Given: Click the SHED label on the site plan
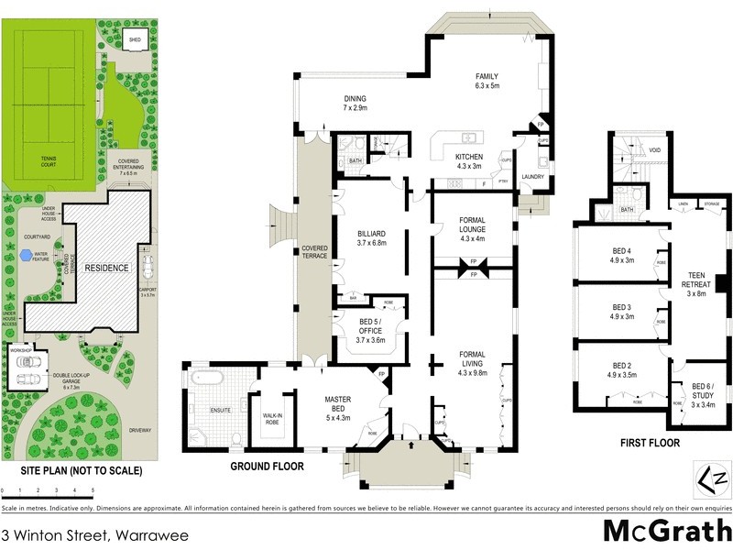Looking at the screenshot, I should pyautogui.click(x=134, y=41).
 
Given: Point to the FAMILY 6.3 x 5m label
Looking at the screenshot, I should pyautogui.click(x=486, y=82).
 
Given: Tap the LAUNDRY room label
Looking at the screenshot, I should pyautogui.click(x=533, y=176).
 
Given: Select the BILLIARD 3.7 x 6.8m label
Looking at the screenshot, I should pyautogui.click(x=373, y=239).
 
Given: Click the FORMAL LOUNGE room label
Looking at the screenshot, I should pyautogui.click(x=465, y=227).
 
